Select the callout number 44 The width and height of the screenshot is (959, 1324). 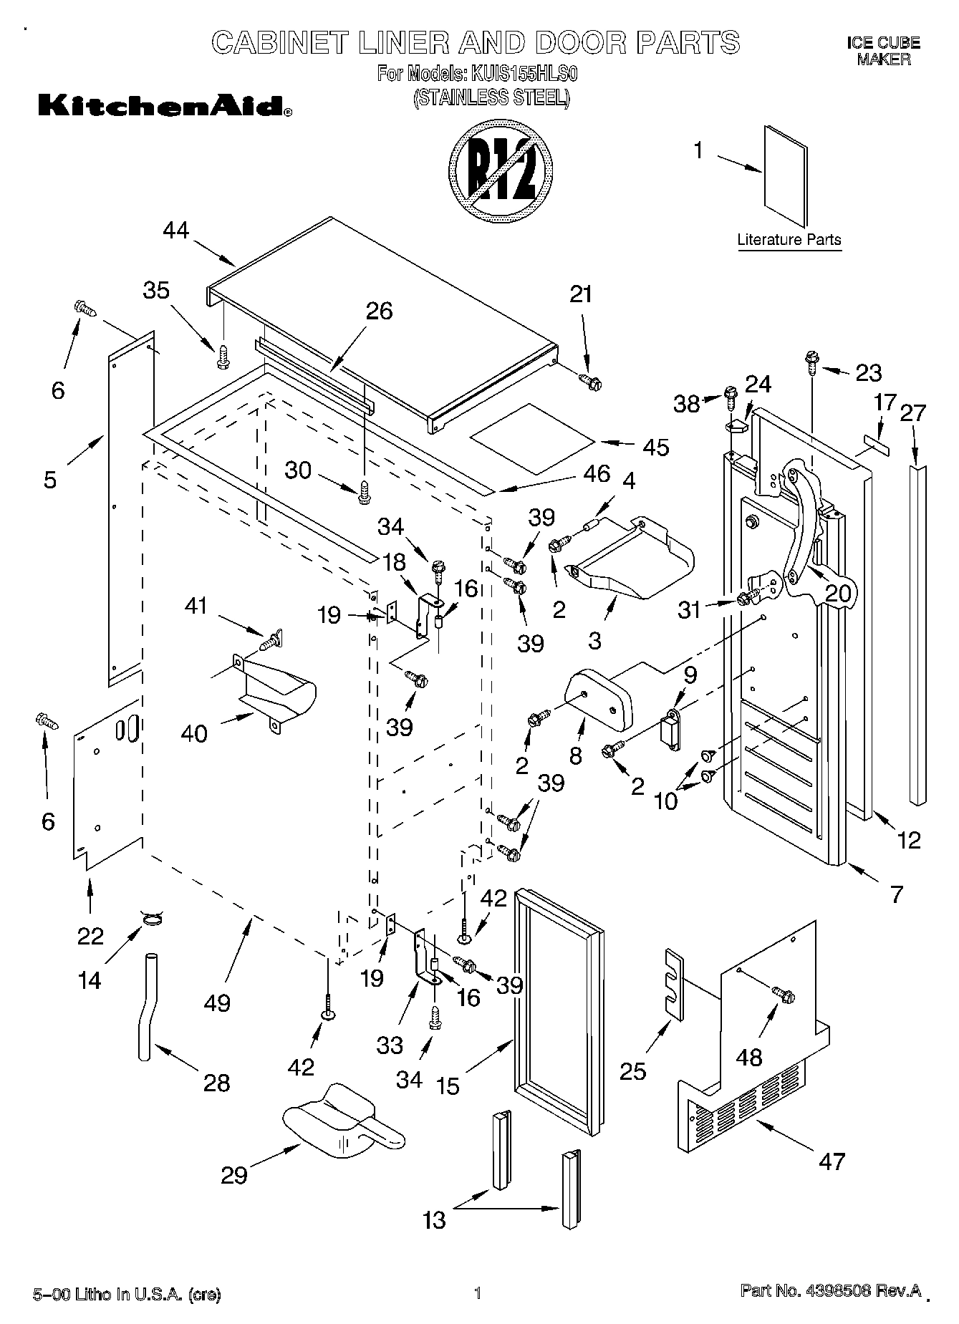(x=175, y=231)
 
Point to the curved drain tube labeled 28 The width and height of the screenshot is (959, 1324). (x=146, y=1006)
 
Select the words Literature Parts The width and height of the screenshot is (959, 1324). (x=789, y=240)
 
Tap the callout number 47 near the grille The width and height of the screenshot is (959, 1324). (x=831, y=1161)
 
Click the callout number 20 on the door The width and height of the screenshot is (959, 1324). (x=839, y=593)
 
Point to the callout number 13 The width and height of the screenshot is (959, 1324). (x=434, y=1219)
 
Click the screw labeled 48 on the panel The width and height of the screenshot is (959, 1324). (x=783, y=994)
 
